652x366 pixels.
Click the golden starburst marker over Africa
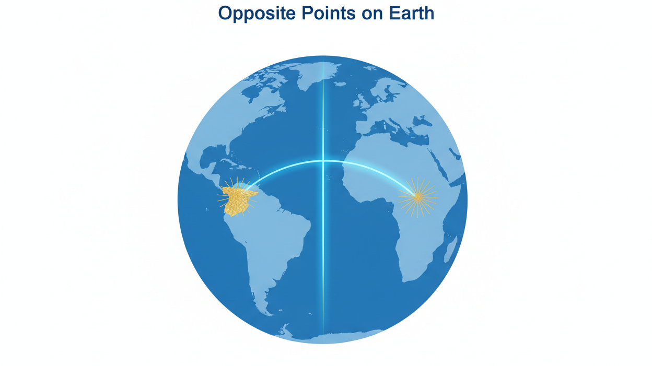[417, 197]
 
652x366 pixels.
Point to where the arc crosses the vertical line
[323, 161]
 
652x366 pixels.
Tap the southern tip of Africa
[405, 279]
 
